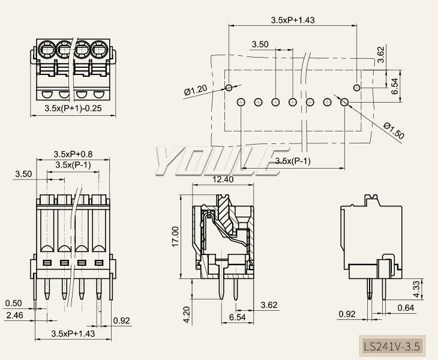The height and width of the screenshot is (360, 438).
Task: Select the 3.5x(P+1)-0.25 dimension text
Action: click(x=73, y=109)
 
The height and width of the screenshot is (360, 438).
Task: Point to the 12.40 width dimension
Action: click(x=223, y=179)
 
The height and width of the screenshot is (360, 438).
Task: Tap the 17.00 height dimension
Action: click(x=175, y=236)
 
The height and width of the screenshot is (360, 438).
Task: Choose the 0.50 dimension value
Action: click(x=13, y=303)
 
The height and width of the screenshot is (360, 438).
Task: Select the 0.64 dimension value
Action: click(x=406, y=308)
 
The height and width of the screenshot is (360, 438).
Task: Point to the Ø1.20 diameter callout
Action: click(x=196, y=91)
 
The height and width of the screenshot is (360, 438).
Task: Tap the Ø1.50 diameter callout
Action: click(x=392, y=131)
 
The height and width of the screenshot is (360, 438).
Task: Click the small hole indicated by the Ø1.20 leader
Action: click(x=229, y=88)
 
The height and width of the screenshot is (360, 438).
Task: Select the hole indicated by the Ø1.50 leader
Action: click(x=345, y=102)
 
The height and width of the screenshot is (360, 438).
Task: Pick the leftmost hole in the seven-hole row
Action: click(x=241, y=102)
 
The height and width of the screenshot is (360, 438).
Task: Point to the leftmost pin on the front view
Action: click(x=46, y=289)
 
